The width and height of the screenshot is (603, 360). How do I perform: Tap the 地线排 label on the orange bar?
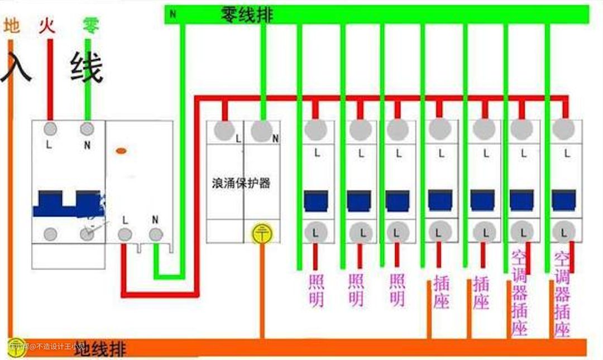(100, 349)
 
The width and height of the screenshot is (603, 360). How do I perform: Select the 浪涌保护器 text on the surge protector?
(241, 183)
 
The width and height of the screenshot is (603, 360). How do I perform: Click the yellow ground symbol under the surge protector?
(261, 234)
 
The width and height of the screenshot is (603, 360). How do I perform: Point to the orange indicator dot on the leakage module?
(121, 151)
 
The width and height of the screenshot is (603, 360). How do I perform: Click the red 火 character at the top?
(47, 26)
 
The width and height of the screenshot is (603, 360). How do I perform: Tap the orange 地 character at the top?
(12, 26)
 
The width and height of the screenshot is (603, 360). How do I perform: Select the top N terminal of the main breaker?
(87, 129)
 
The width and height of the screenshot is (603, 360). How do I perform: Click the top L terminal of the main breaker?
(50, 129)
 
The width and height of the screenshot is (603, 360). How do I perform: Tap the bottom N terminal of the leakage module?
(156, 234)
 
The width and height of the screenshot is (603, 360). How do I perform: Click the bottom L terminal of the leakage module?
(125, 234)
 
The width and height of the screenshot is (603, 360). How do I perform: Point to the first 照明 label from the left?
(316, 290)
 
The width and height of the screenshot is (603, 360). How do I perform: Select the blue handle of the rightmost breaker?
(564, 200)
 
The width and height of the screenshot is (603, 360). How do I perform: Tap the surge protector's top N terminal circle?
(261, 131)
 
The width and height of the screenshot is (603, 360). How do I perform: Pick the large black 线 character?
(87, 68)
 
